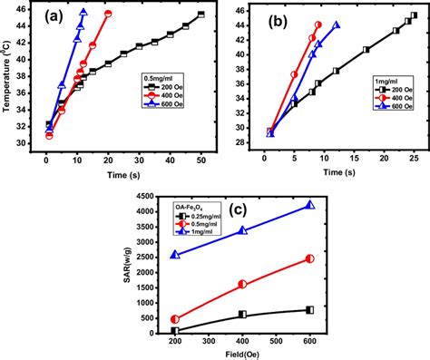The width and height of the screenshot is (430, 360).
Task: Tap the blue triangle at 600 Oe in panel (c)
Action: (310, 205)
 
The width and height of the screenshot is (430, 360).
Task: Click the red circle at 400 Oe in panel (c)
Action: (242, 284)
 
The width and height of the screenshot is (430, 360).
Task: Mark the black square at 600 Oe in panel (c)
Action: (310, 310)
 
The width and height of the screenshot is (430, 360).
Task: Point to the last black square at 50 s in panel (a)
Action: (200, 15)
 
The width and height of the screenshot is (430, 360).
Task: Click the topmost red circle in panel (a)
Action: (109, 14)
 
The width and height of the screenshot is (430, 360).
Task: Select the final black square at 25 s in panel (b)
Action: (414, 15)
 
